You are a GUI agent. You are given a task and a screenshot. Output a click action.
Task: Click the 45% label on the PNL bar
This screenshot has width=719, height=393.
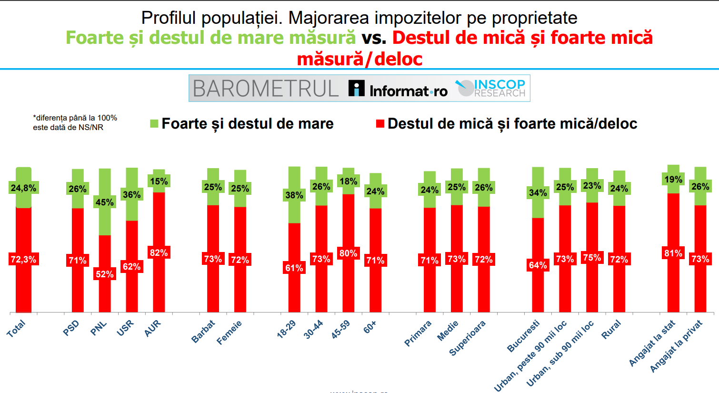tap(105, 202)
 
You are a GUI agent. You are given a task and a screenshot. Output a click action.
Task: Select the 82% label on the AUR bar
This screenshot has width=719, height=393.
tap(159, 252)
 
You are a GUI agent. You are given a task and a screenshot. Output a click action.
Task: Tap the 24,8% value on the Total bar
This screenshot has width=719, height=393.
tap(23, 188)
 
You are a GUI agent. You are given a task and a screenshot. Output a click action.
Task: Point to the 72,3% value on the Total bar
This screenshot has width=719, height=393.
tap(23, 260)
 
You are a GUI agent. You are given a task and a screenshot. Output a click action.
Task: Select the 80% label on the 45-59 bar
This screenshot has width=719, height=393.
tap(349, 253)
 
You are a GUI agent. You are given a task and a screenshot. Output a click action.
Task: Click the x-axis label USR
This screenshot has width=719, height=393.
tap(126, 328)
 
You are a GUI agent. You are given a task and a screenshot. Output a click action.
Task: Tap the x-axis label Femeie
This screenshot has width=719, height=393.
tap(230, 332)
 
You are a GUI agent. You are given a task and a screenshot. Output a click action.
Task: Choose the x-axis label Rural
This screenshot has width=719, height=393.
tap(611, 329)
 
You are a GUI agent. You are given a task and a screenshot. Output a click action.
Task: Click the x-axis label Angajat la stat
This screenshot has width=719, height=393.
tap(652, 343)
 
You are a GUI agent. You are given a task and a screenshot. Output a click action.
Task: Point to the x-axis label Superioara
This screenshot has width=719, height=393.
tap(468, 338)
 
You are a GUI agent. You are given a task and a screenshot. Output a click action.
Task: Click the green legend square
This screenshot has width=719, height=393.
tap(154, 124)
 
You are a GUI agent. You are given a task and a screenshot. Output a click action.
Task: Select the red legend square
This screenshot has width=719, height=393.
tap(380, 124)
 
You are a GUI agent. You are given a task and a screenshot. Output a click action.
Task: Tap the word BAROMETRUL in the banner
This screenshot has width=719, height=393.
tap(266, 89)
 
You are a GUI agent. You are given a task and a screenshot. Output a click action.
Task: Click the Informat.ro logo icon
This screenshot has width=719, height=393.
tap(356, 88)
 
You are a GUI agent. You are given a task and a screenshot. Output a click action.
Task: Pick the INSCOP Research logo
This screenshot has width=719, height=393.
tap(491, 88)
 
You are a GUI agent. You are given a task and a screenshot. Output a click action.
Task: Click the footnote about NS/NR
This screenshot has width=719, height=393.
tap(75, 122)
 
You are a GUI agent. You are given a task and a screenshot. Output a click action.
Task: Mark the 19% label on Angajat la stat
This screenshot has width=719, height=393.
tap(673, 179)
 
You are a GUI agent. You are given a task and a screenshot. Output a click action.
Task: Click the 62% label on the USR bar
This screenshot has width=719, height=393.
tap(132, 266)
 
